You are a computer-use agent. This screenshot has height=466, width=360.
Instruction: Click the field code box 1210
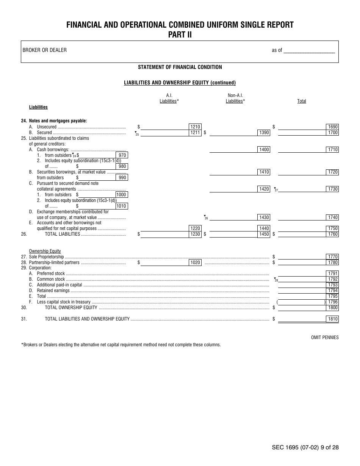click(x=195, y=127)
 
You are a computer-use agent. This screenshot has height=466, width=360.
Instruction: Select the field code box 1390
click(x=264, y=133)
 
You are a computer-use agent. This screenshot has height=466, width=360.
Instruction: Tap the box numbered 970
click(x=122, y=155)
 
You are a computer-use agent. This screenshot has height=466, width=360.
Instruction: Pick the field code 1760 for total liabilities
click(x=332, y=234)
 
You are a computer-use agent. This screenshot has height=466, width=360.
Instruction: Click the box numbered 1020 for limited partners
click(x=195, y=263)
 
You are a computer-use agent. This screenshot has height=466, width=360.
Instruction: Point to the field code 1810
click(x=332, y=319)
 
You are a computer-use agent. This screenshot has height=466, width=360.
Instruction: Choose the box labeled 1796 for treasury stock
click(x=333, y=302)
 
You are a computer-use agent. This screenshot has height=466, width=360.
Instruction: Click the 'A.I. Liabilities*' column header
click(x=169, y=99)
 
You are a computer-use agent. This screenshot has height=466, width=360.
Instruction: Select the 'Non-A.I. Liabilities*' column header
click(x=235, y=99)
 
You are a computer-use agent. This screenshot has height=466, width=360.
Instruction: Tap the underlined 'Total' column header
click(x=302, y=101)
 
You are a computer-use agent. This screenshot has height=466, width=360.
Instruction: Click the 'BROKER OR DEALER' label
click(x=45, y=50)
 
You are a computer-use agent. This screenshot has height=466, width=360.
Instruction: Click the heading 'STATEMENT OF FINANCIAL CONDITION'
click(x=180, y=67)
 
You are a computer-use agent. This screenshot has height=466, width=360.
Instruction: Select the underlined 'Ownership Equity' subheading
click(x=45, y=251)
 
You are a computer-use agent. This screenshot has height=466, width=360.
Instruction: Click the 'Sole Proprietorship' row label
click(x=47, y=257)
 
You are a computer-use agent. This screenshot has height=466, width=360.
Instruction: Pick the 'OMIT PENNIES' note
click(x=325, y=338)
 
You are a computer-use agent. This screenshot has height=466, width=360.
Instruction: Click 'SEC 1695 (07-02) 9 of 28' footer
click(x=305, y=447)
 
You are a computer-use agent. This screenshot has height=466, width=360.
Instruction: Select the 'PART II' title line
click(x=180, y=34)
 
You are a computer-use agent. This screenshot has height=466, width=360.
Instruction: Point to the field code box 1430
click(x=264, y=217)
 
